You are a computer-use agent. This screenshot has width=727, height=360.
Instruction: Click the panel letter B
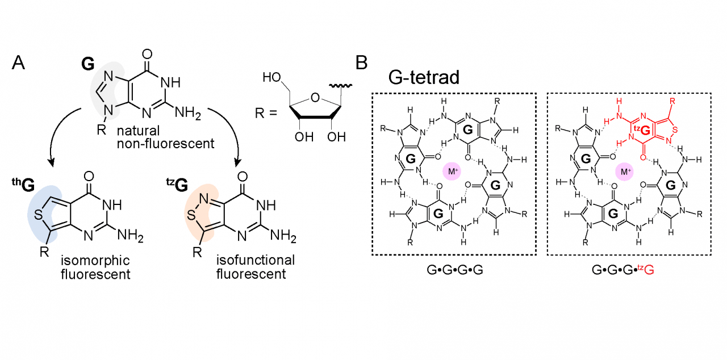pyautogui.click(x=362, y=63)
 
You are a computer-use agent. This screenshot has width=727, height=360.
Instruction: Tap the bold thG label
pyautogui.click(x=22, y=185)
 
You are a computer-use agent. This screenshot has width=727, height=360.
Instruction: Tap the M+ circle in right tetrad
pyautogui.click(x=625, y=172)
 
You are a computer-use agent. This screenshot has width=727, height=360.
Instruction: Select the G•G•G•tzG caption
pyautogui.click(x=623, y=271)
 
